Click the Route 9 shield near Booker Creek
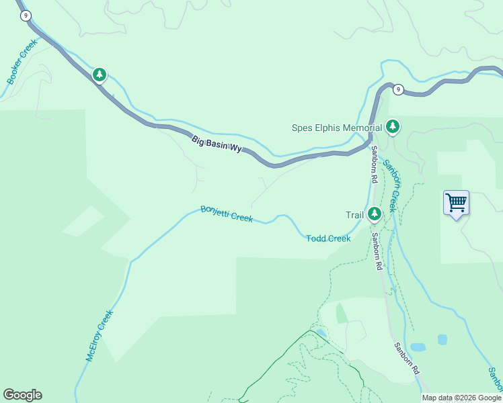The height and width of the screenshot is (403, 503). click(x=26, y=15)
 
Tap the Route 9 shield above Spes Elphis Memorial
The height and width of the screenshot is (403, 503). click(x=398, y=89)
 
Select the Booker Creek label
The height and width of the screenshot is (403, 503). click(x=22, y=62)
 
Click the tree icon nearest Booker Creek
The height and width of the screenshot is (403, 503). click(x=100, y=74)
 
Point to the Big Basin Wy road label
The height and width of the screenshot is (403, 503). click(x=217, y=144)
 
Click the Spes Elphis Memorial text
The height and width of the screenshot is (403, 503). click(x=336, y=128)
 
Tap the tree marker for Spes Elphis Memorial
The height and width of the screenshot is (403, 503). click(x=393, y=126)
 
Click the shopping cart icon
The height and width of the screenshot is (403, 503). click(x=456, y=202)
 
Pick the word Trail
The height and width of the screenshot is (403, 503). click(x=354, y=215)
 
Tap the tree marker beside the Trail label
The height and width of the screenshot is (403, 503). click(x=374, y=214)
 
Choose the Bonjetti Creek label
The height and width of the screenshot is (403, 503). click(x=227, y=214)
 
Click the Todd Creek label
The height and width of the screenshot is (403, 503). click(x=328, y=238)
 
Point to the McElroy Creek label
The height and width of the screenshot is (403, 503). click(x=100, y=336)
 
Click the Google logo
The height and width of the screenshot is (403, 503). click(x=22, y=395)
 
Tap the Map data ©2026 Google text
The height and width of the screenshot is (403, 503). click(x=461, y=398)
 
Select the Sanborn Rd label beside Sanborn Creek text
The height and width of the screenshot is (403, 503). click(x=373, y=165)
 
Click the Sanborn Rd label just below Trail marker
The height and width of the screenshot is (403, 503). click(x=377, y=249)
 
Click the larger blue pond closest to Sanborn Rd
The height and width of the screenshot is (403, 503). click(x=418, y=347)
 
